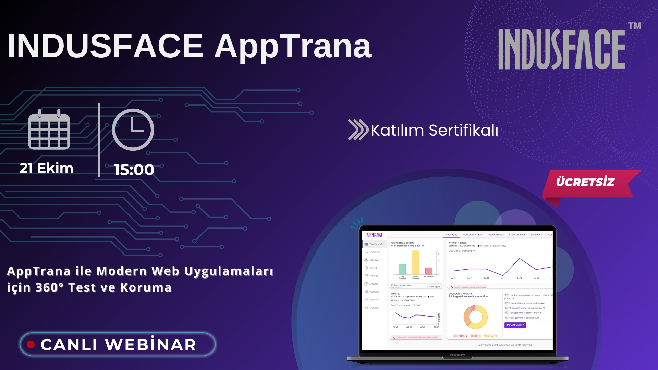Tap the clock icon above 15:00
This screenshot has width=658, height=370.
(x=133, y=130)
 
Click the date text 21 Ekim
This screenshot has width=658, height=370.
(x=47, y=168)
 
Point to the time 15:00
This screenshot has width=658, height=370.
(x=134, y=170)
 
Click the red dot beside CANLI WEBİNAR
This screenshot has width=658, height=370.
(x=31, y=344)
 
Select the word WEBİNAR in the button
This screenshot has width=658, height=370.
(x=151, y=344)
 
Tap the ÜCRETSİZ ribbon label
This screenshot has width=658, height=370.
(x=585, y=182)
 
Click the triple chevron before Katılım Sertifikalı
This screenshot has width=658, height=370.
(x=358, y=130)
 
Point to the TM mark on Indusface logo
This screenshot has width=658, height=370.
(x=634, y=26)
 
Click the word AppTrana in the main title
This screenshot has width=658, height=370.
(x=293, y=46)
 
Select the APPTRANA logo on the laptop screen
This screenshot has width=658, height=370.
(x=374, y=235)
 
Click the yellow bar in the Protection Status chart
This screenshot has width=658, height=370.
(x=415, y=263)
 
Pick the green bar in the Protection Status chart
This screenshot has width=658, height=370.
(x=402, y=269)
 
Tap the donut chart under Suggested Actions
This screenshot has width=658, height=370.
(x=475, y=317)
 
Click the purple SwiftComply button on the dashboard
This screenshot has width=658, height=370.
(x=515, y=325)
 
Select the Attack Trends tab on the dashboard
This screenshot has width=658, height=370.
(x=496, y=235)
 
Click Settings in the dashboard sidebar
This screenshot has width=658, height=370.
(x=374, y=300)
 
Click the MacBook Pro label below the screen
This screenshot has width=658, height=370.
(x=457, y=355)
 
